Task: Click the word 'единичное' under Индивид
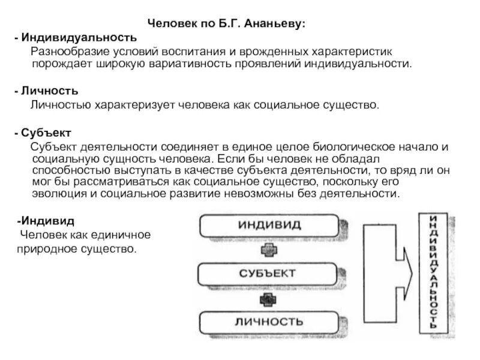(125, 234)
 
